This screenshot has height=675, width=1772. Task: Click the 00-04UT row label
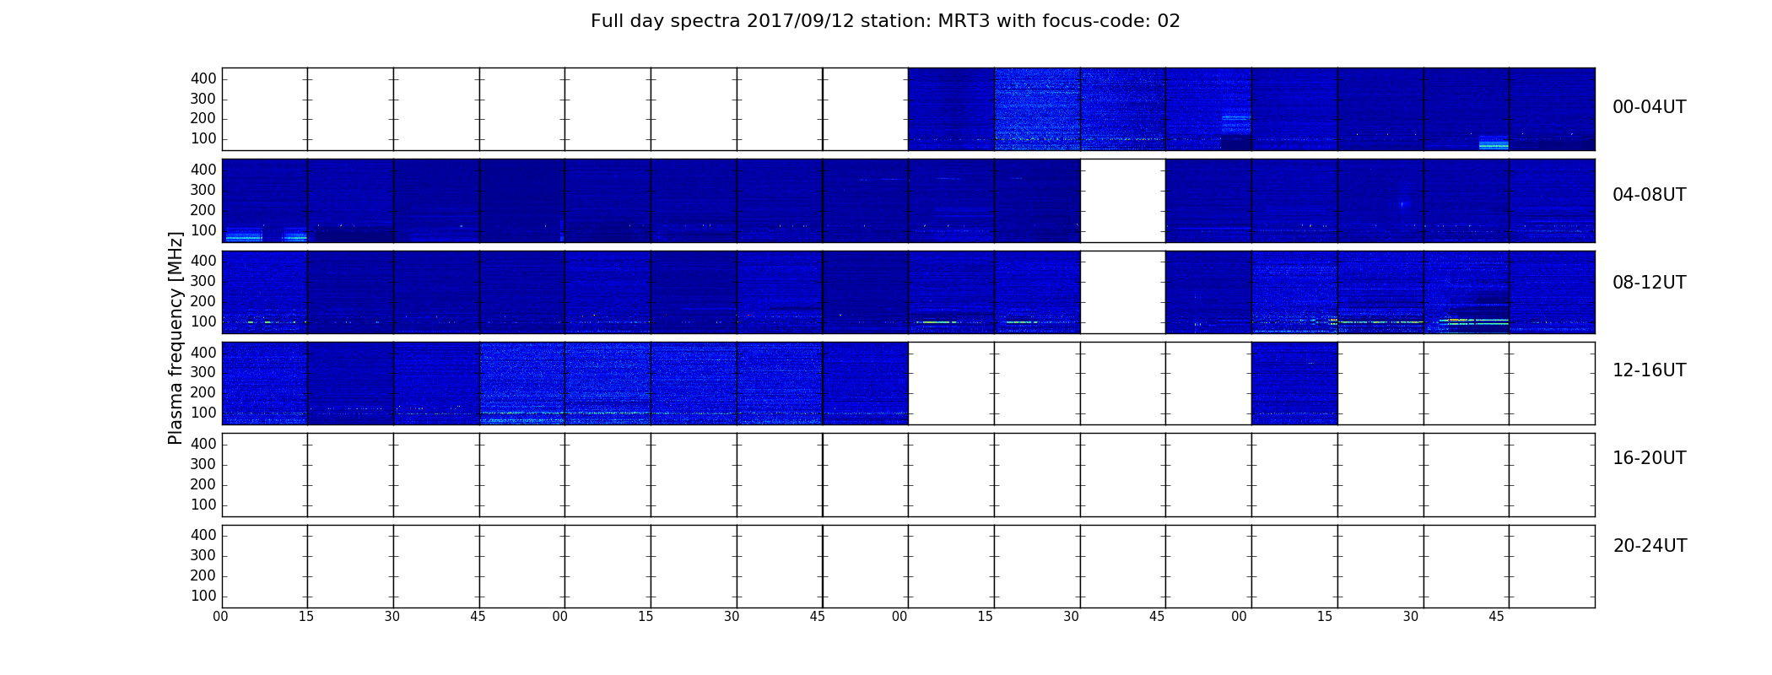[x=1649, y=107]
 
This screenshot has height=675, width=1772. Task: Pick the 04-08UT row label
[x=1649, y=195]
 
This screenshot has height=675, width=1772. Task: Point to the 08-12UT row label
[x=1649, y=283]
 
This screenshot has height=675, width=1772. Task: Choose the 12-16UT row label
[x=1649, y=370]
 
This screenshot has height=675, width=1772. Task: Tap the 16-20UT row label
[x=1649, y=458]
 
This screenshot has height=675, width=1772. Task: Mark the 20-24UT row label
[x=1650, y=546]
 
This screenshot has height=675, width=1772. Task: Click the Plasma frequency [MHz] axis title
[x=176, y=337]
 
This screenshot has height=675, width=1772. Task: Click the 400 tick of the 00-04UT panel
[x=203, y=78]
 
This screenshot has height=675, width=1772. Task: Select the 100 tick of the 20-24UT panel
[x=203, y=596]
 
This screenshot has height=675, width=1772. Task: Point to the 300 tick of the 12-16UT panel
[x=203, y=372]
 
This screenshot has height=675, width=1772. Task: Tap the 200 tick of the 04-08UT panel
[x=203, y=210]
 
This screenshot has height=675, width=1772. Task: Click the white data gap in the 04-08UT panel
[x=1122, y=201]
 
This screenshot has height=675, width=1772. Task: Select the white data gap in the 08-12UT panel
[x=1122, y=292]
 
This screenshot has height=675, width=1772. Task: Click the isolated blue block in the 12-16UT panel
[x=1294, y=383]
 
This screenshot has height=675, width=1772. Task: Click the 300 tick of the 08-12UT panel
[x=203, y=281]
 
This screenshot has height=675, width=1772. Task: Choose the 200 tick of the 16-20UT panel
[x=203, y=484]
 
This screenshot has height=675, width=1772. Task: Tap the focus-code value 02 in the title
[x=1169, y=21]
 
